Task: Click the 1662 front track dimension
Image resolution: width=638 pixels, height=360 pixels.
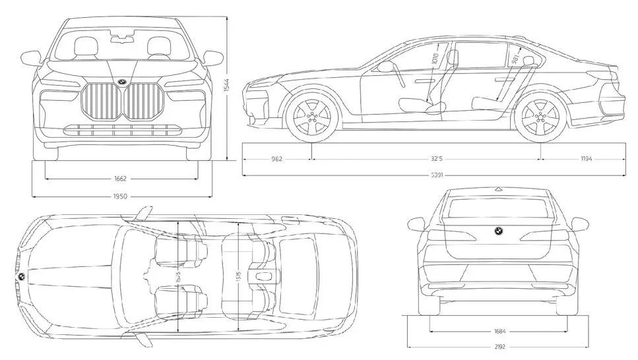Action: click(119, 178)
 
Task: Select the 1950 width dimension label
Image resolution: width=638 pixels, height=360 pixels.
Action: click(119, 196)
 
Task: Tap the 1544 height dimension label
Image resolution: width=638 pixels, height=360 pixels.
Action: click(225, 86)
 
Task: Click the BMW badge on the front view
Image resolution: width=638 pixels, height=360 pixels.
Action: click(122, 82)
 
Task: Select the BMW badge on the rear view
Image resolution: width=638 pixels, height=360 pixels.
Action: click(498, 231)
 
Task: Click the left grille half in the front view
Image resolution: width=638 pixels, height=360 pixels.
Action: click(102, 102)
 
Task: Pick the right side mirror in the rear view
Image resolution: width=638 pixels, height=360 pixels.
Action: click(580, 224)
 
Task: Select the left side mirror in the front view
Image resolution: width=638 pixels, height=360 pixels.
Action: click(30, 58)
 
